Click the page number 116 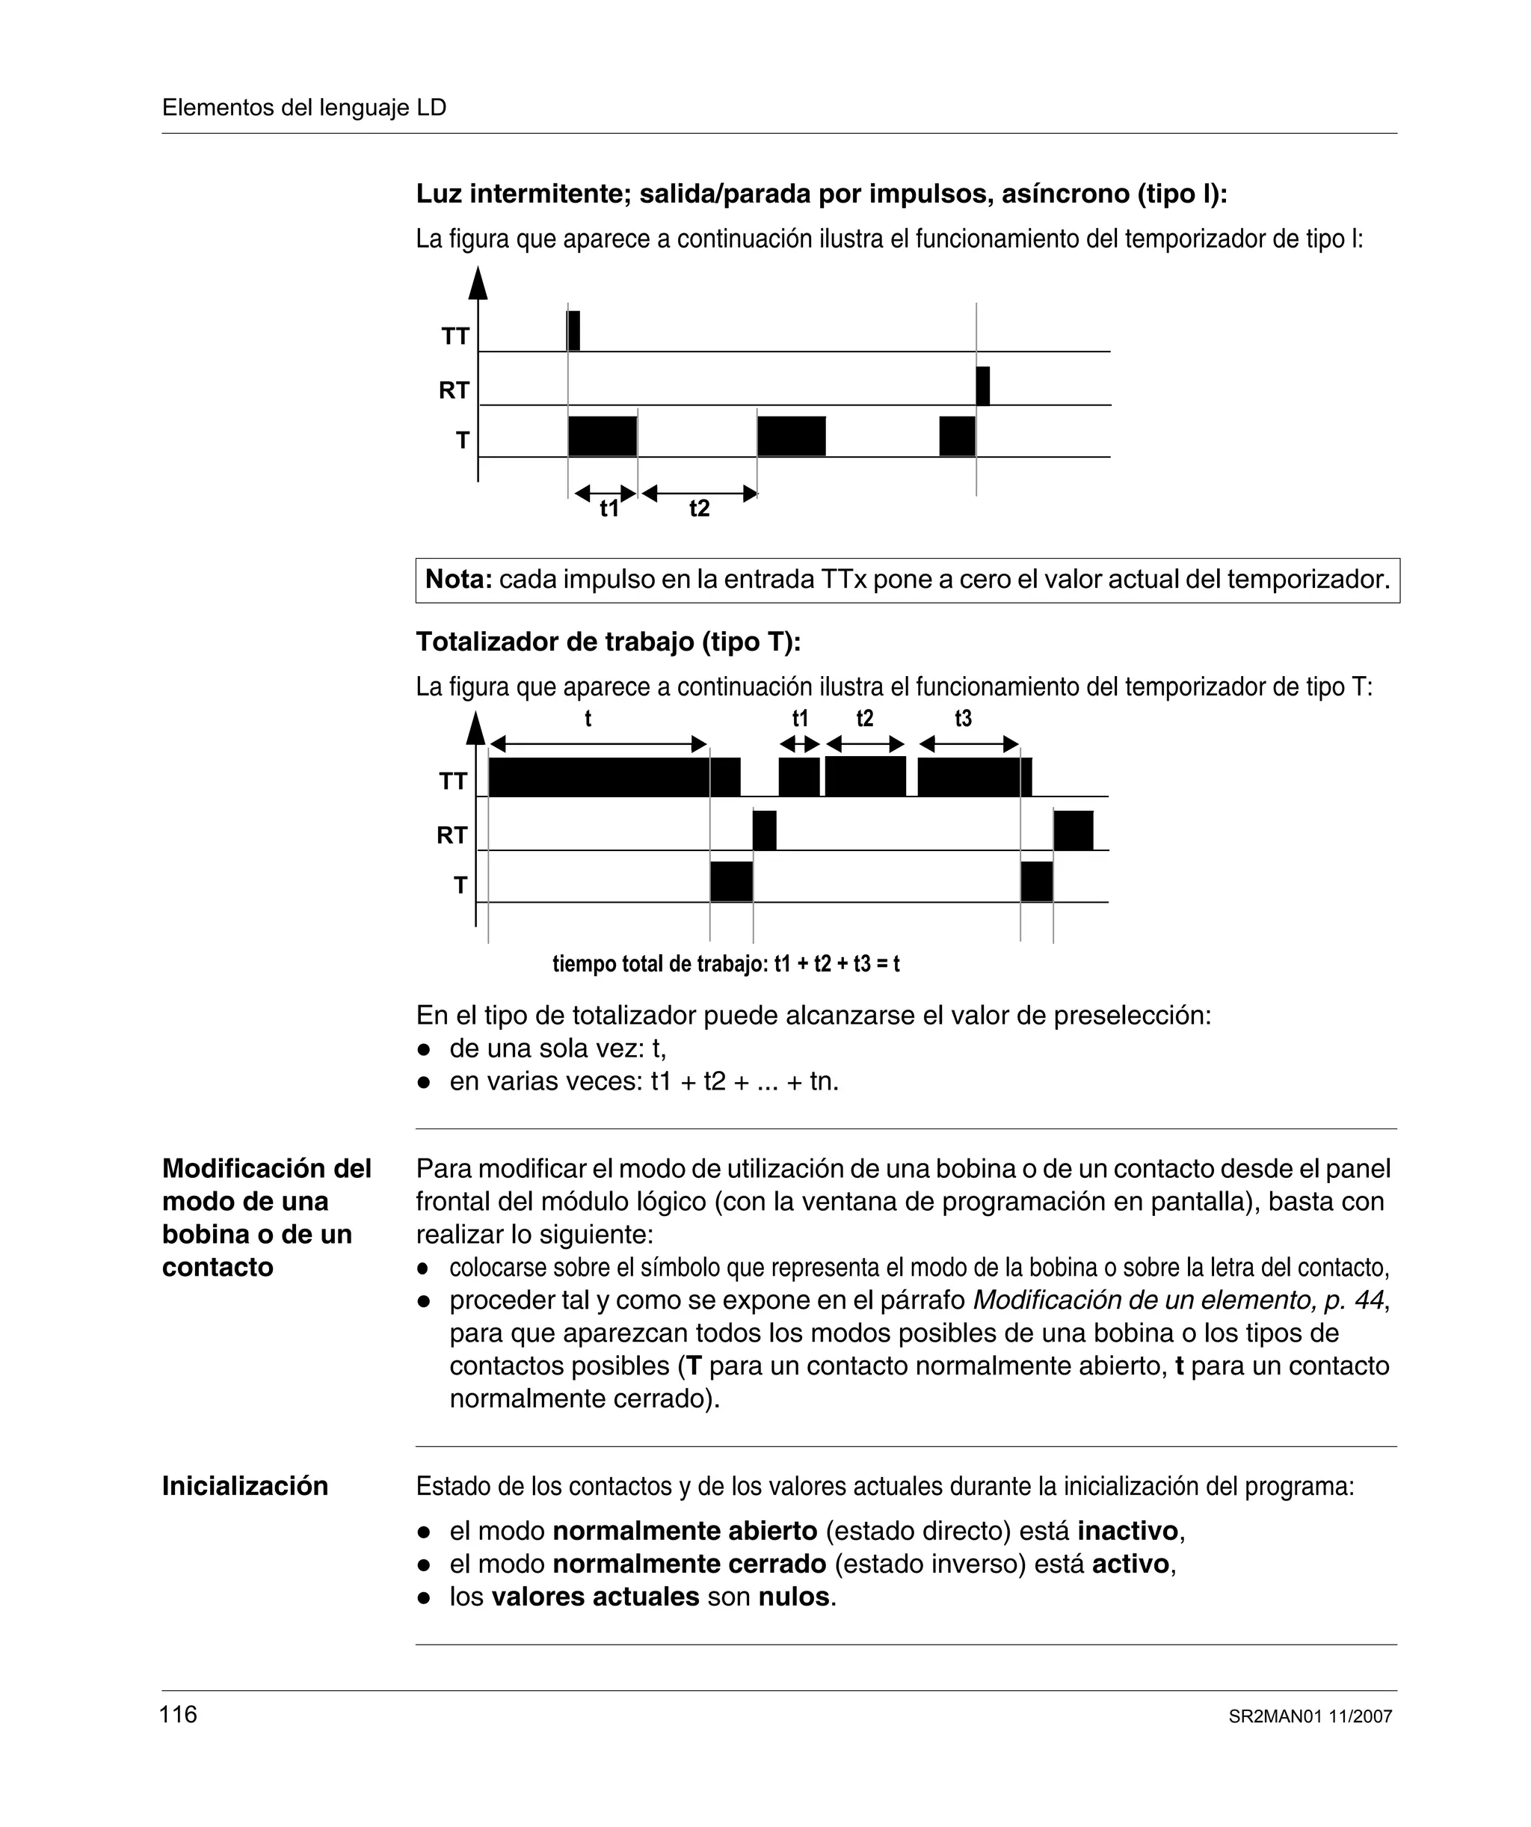click(179, 1714)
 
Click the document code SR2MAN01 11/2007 click(1310, 1716)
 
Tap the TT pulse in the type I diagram click(573, 331)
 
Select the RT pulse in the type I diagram click(983, 387)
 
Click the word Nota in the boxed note click(458, 580)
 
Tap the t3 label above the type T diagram click(963, 719)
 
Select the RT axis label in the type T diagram click(452, 835)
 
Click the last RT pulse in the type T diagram click(1073, 830)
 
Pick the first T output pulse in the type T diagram click(730, 881)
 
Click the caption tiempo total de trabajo click(725, 964)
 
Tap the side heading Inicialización click(245, 1486)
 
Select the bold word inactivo click(1128, 1530)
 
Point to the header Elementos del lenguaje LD click(304, 108)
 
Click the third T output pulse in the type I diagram click(957, 436)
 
